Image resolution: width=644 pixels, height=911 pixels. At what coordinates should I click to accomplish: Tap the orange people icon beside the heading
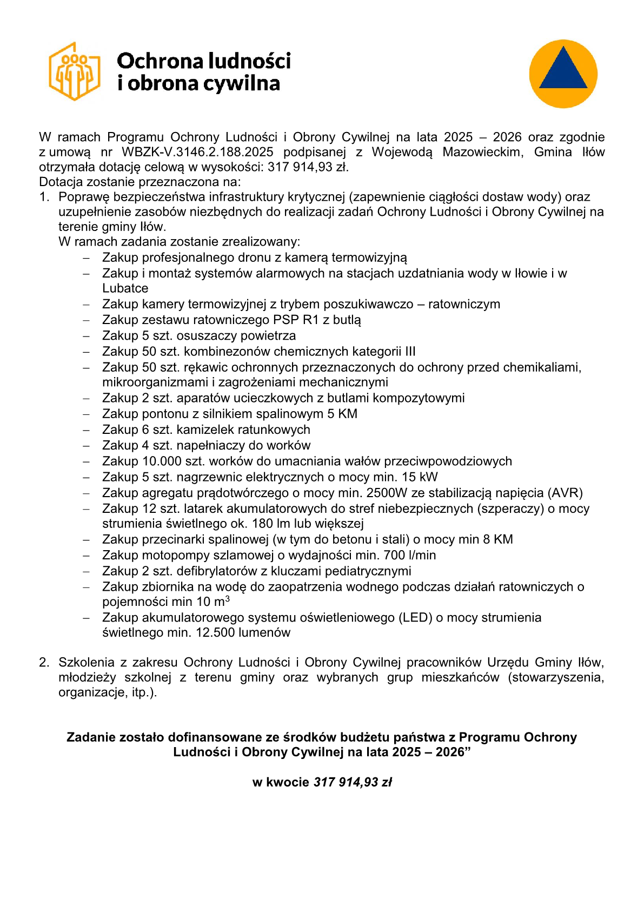[x=75, y=71]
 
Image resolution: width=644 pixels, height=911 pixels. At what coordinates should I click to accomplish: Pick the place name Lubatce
[x=125, y=288]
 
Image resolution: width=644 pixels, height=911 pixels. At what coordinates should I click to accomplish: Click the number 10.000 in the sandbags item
[x=160, y=461]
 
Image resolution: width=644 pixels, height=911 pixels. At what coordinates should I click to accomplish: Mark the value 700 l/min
[x=409, y=555]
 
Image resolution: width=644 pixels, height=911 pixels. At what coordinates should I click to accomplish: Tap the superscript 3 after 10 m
[x=228, y=599]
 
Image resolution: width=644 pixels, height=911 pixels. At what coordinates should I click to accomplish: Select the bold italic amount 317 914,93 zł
[x=353, y=782]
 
